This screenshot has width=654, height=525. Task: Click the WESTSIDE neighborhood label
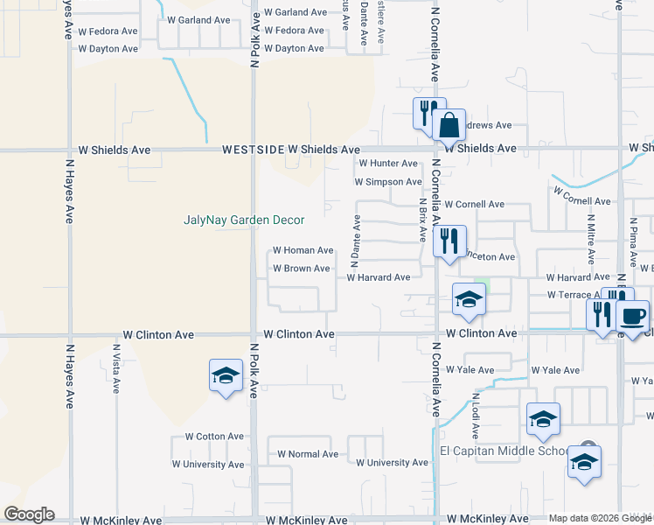point(253,150)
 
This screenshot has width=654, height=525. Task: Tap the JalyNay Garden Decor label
point(244,220)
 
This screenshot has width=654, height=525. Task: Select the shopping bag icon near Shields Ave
point(449,125)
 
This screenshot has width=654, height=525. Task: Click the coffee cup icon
point(632,316)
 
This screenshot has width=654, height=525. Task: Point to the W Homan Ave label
point(303,250)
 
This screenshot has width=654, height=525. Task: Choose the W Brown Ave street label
point(302,269)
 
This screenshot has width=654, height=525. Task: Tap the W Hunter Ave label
point(388,164)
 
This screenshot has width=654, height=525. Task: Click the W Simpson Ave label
point(388,182)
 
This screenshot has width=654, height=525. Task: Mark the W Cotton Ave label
point(214,436)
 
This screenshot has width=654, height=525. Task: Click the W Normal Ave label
point(308,454)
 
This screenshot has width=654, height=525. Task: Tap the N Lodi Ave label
point(477,409)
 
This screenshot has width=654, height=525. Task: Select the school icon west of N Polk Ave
point(226,376)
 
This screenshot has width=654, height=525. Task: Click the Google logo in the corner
point(29,514)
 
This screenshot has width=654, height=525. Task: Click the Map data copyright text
point(601,518)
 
